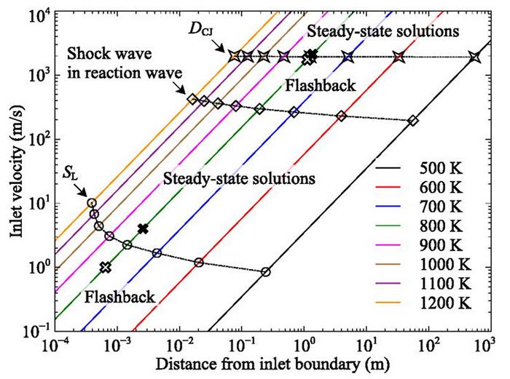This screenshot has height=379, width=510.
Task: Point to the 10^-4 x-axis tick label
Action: tap(55, 344)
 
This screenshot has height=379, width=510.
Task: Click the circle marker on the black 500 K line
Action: tap(266, 272)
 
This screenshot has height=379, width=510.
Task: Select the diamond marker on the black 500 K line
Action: tap(413, 121)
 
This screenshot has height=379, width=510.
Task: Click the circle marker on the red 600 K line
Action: tap(199, 262)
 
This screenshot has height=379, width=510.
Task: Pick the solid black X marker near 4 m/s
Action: tap(143, 228)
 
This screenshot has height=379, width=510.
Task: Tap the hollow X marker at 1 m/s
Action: tap(106, 267)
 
